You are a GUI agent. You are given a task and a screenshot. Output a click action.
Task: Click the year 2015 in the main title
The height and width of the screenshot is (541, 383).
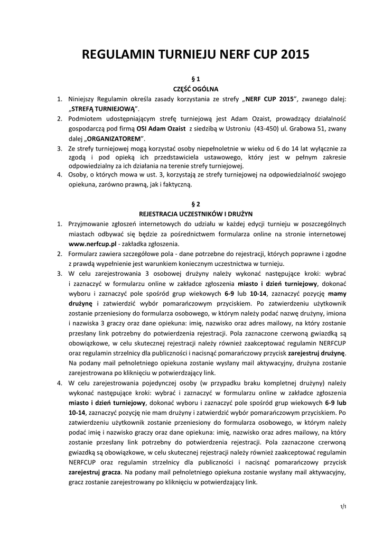(287, 55)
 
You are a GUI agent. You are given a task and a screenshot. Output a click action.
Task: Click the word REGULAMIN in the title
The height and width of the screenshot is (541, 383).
(114, 55)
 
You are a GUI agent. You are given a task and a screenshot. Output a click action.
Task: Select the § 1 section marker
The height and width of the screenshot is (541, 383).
(191, 78)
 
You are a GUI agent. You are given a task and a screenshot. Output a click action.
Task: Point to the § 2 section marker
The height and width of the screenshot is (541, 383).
(191, 203)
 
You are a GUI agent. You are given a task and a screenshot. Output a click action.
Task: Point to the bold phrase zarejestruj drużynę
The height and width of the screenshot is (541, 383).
(317, 352)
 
